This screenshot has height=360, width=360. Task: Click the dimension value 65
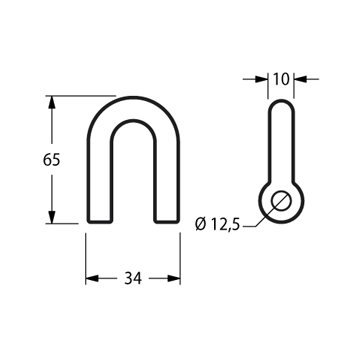point(51,160)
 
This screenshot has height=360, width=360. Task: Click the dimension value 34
point(133,278)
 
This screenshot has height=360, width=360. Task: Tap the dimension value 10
point(281,79)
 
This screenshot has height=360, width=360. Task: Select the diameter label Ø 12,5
point(218,225)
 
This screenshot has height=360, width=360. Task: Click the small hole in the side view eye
point(281,201)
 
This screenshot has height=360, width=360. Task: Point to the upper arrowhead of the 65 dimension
point(51,102)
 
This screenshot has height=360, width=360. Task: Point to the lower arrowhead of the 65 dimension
point(51,217)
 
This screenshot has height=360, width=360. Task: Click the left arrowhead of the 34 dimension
point(92,278)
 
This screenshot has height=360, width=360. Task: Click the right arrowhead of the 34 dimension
point(174,278)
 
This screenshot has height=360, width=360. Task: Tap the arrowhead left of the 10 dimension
point(261,79)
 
